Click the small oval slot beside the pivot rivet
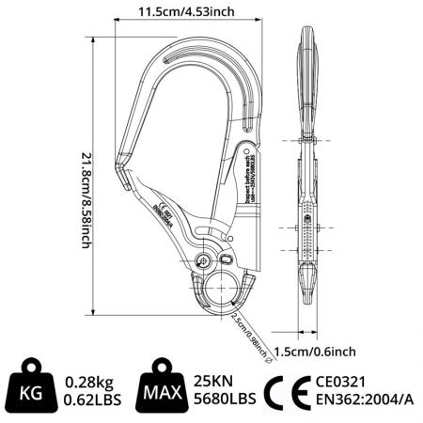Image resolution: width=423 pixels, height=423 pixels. (x=225, y=260)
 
